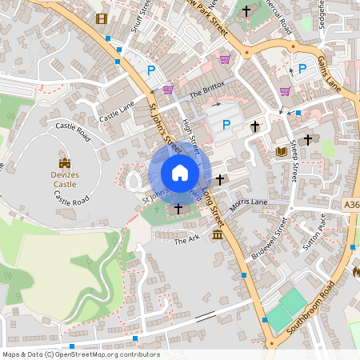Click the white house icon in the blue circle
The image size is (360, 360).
(x=180, y=173)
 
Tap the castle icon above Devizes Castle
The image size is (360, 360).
(x=65, y=164)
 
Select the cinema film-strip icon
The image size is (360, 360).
(x=102, y=18)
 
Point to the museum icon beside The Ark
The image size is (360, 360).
(x=218, y=234)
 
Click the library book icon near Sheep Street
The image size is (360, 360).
(x=281, y=151)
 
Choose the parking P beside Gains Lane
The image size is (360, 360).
(x=302, y=69)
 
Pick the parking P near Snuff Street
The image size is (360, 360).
(x=150, y=70)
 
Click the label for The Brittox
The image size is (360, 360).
(x=207, y=89)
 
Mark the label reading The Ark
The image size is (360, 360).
(x=186, y=239)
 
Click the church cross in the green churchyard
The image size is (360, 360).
(x=178, y=208)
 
